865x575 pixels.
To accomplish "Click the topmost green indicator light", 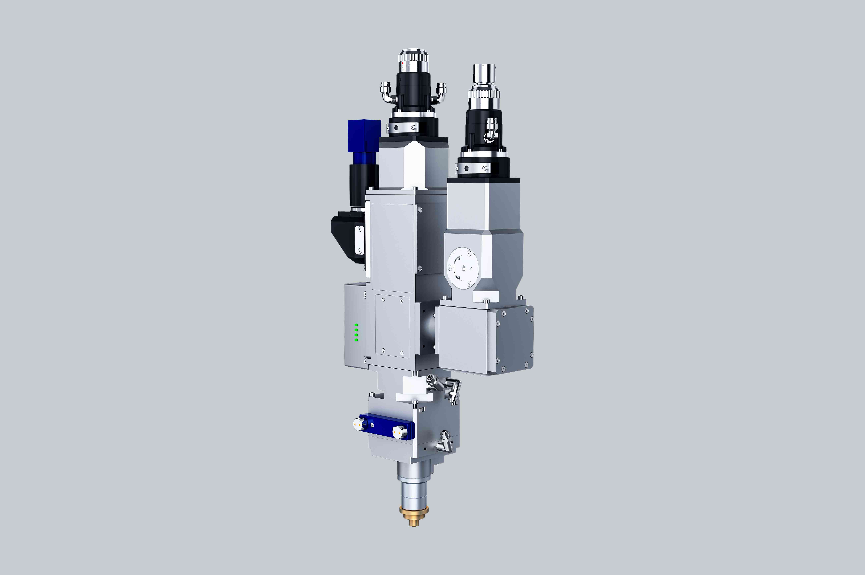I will (x=356, y=325).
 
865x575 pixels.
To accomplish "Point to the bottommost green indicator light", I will (x=356, y=340).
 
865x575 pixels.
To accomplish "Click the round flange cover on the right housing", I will (x=463, y=268).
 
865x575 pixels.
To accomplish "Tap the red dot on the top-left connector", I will (x=403, y=63).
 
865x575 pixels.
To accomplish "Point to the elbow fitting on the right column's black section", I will (x=491, y=130).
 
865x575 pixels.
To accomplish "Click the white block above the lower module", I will (x=414, y=389).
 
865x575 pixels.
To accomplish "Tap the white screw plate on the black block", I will (x=360, y=240).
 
